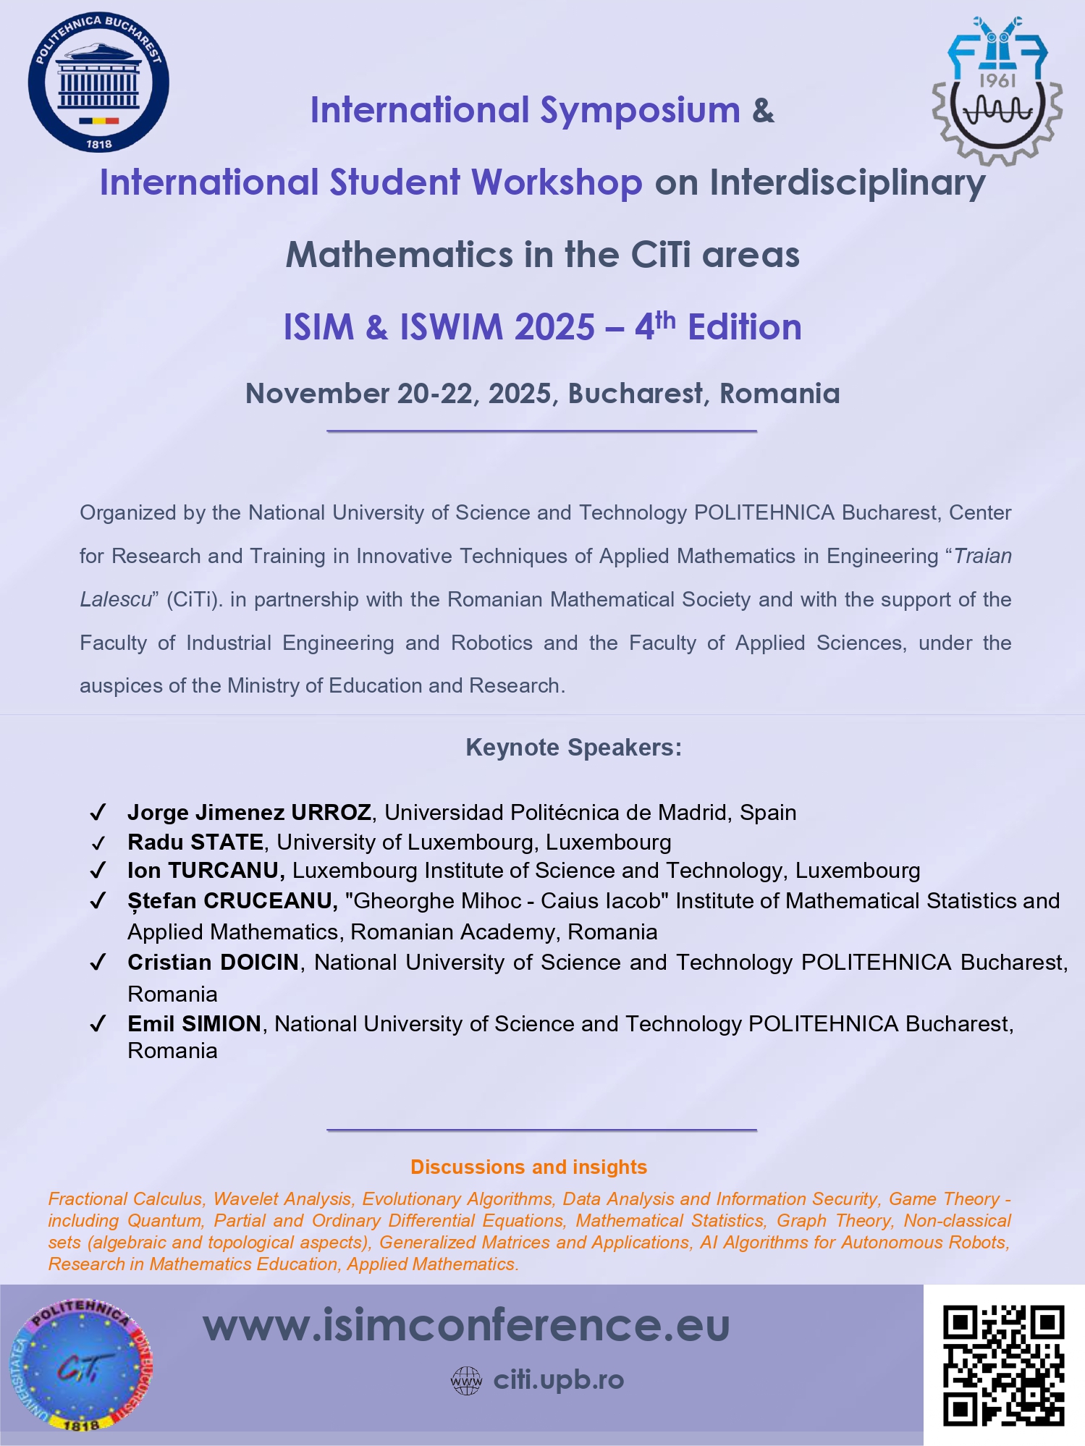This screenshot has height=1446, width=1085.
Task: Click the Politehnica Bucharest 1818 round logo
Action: (x=99, y=82)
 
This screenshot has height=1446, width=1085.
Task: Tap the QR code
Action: (x=1003, y=1365)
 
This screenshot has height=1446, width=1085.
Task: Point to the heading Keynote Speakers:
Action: (x=573, y=748)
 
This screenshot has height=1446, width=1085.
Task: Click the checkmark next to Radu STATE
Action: (x=98, y=843)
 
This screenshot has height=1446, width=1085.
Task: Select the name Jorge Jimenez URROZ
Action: (x=249, y=812)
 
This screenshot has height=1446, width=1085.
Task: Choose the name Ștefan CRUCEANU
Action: (x=232, y=901)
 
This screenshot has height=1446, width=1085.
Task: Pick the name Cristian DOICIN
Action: (x=213, y=963)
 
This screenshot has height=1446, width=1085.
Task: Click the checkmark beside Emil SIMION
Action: (x=98, y=1024)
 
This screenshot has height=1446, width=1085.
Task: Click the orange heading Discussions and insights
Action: (x=528, y=1167)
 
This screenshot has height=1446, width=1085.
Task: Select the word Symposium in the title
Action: (x=640, y=110)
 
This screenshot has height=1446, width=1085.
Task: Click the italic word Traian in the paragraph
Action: (x=982, y=556)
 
